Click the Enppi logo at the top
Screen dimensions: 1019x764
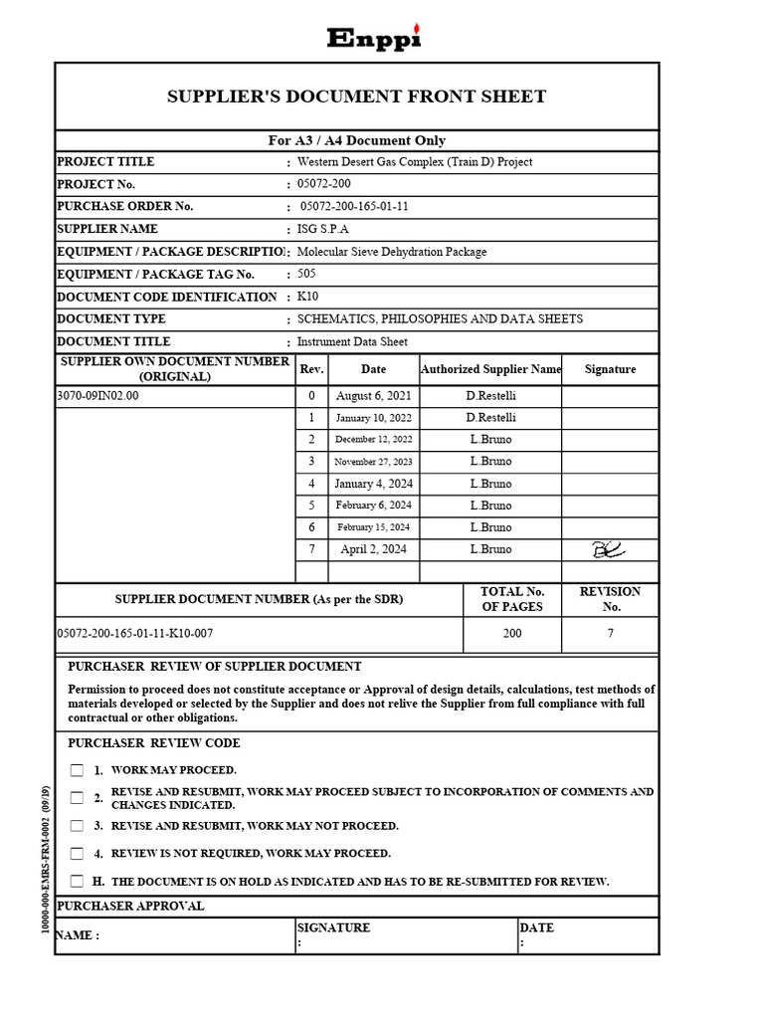(374, 38)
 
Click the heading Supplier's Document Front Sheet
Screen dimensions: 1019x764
(356, 97)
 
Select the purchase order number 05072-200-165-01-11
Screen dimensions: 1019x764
(354, 207)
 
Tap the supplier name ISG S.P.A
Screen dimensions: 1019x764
(323, 229)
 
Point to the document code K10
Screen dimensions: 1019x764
(307, 297)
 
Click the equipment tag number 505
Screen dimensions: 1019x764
(306, 274)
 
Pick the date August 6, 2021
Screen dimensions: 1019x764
(373, 396)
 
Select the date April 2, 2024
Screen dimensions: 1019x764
(373, 549)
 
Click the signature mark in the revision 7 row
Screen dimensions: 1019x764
(609, 549)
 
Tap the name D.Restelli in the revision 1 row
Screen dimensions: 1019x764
(490, 418)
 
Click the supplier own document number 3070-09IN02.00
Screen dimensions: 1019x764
(98, 396)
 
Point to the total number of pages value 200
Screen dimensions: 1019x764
(512, 634)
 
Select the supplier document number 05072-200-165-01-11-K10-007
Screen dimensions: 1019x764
(135, 634)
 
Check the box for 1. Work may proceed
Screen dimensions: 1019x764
(78, 770)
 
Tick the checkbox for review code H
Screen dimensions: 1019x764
(78, 882)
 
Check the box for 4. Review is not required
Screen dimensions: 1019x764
(78, 854)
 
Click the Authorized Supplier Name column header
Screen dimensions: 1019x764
(490, 369)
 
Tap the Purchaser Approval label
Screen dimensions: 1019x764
(130, 907)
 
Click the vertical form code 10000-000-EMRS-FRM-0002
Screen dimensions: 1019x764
(46, 860)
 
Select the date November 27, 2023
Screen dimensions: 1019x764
(373, 462)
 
